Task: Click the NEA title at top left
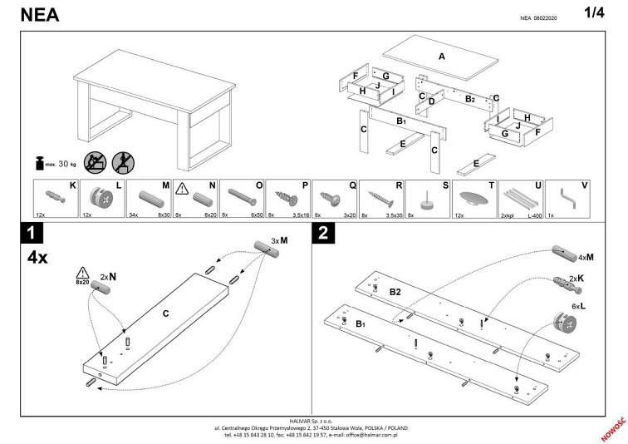31,15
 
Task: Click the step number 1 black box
32,234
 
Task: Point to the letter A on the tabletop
442,57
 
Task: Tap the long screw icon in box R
380,200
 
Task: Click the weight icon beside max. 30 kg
38,162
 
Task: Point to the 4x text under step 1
37,257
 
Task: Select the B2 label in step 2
396,292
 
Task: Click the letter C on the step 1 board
166,313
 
